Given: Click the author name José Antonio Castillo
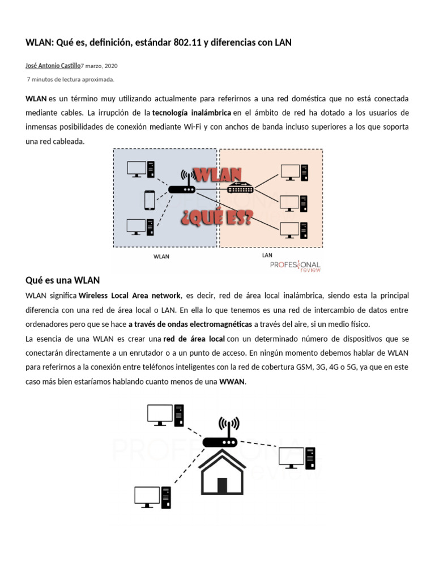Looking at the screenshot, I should [54, 66].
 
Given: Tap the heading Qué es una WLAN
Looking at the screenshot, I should [63, 280].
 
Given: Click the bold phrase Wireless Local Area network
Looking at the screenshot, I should [129, 296].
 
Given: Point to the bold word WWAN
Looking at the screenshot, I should [232, 382].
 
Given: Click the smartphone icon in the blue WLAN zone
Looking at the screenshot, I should [150, 199].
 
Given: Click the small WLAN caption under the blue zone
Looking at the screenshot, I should [161, 257].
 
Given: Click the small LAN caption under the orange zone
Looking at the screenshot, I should [267, 255].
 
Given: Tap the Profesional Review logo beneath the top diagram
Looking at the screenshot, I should [295, 266].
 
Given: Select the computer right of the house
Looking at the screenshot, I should [295, 458].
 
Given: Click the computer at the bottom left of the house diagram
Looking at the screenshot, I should [152, 497].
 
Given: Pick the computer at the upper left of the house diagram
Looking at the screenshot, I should [165, 415].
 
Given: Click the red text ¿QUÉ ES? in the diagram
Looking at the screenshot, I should [216, 217].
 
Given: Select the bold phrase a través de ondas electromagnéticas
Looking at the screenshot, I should [190, 324].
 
